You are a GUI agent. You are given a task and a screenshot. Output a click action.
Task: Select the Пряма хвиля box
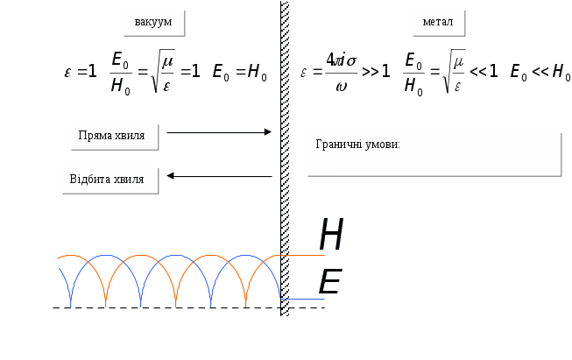pyautogui.click(x=114, y=136)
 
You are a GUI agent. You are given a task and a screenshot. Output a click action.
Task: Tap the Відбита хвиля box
pyautogui.click(x=109, y=180)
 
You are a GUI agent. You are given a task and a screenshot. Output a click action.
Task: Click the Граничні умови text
pyautogui.click(x=357, y=144)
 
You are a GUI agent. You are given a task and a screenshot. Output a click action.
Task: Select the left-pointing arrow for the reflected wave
pyautogui.click(x=219, y=176)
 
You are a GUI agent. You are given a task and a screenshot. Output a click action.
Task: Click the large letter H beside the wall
pyautogui.click(x=331, y=235)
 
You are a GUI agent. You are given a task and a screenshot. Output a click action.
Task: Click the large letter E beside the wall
pyautogui.click(x=328, y=281)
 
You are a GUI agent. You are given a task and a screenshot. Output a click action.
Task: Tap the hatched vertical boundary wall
pyautogui.click(x=285, y=158)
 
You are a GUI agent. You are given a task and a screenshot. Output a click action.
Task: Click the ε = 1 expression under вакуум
pyautogui.click(x=81, y=72)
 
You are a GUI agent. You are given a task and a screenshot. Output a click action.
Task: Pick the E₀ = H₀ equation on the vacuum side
pyautogui.click(x=240, y=72)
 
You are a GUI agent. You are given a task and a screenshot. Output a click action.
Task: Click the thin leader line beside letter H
pyautogui.click(x=307, y=257)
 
